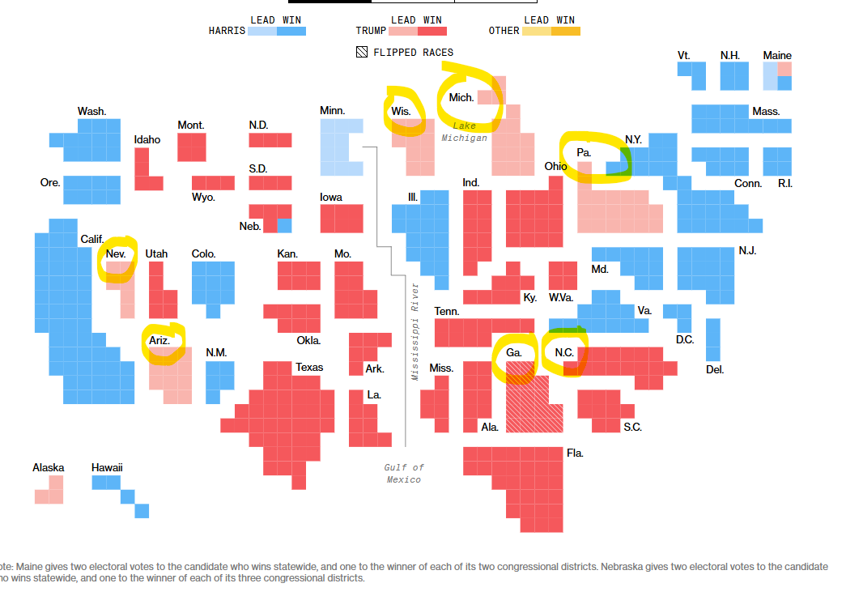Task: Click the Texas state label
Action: pos(309,367)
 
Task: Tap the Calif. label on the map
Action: pos(91,239)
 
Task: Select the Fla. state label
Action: pos(575,453)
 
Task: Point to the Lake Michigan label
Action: pos(465,131)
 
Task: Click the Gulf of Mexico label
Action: pos(404,473)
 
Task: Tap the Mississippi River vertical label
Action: pos(415,331)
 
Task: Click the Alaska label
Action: pos(49,467)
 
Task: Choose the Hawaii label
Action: pos(107,467)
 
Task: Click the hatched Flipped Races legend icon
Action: pos(362,53)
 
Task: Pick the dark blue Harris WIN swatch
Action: pos(291,31)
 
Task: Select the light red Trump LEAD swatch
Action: pos(403,31)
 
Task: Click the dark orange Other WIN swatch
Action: pos(566,31)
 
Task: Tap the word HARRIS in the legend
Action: pos(227,31)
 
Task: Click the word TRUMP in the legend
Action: pos(372,31)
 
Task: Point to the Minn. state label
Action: pos(332,110)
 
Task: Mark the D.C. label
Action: pos(685,339)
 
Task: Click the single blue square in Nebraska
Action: pos(284,226)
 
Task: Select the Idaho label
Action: pos(147,139)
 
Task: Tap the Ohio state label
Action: pos(555,166)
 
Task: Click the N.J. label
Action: pos(747,250)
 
